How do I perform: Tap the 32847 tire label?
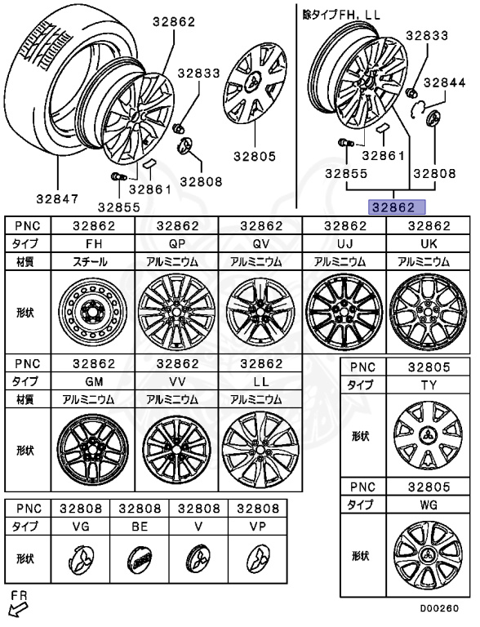pos(58,198)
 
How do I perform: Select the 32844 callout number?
pos(444,82)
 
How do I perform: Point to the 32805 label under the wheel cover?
pos(255,156)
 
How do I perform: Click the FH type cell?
pos(94,243)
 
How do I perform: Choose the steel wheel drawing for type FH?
pos(93,312)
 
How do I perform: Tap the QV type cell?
pos(261,243)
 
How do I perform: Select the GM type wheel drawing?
pos(93,450)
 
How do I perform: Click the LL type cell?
pos(261,381)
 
